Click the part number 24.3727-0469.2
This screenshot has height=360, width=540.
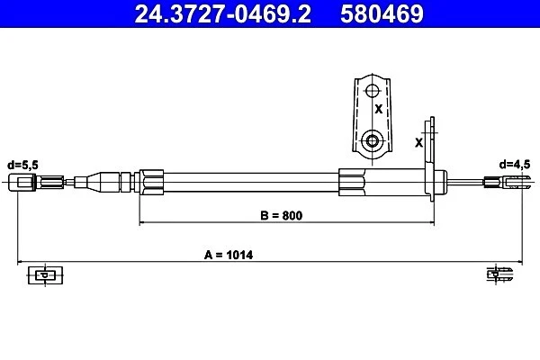click(223, 13)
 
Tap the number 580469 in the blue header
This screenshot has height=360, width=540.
click(382, 13)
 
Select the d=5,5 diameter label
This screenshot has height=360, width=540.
click(22, 166)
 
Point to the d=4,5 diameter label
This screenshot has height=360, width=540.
click(515, 165)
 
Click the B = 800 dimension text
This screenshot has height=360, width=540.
click(282, 215)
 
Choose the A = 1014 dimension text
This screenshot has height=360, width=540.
click(229, 255)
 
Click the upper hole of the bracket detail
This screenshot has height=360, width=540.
click(372, 91)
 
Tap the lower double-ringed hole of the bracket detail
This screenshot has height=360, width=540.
click(372, 140)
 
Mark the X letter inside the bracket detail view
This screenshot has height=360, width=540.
click(379, 109)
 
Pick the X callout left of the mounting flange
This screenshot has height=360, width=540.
click(418, 142)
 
